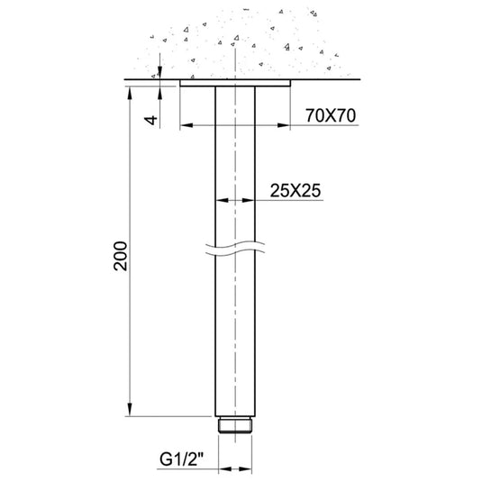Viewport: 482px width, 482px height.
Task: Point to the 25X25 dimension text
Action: [x=296, y=189]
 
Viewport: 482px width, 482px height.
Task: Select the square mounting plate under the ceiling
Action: [x=236, y=84]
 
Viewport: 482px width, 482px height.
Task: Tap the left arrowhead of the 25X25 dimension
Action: [x=221, y=200]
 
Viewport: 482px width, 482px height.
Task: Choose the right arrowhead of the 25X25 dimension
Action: [x=251, y=200]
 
